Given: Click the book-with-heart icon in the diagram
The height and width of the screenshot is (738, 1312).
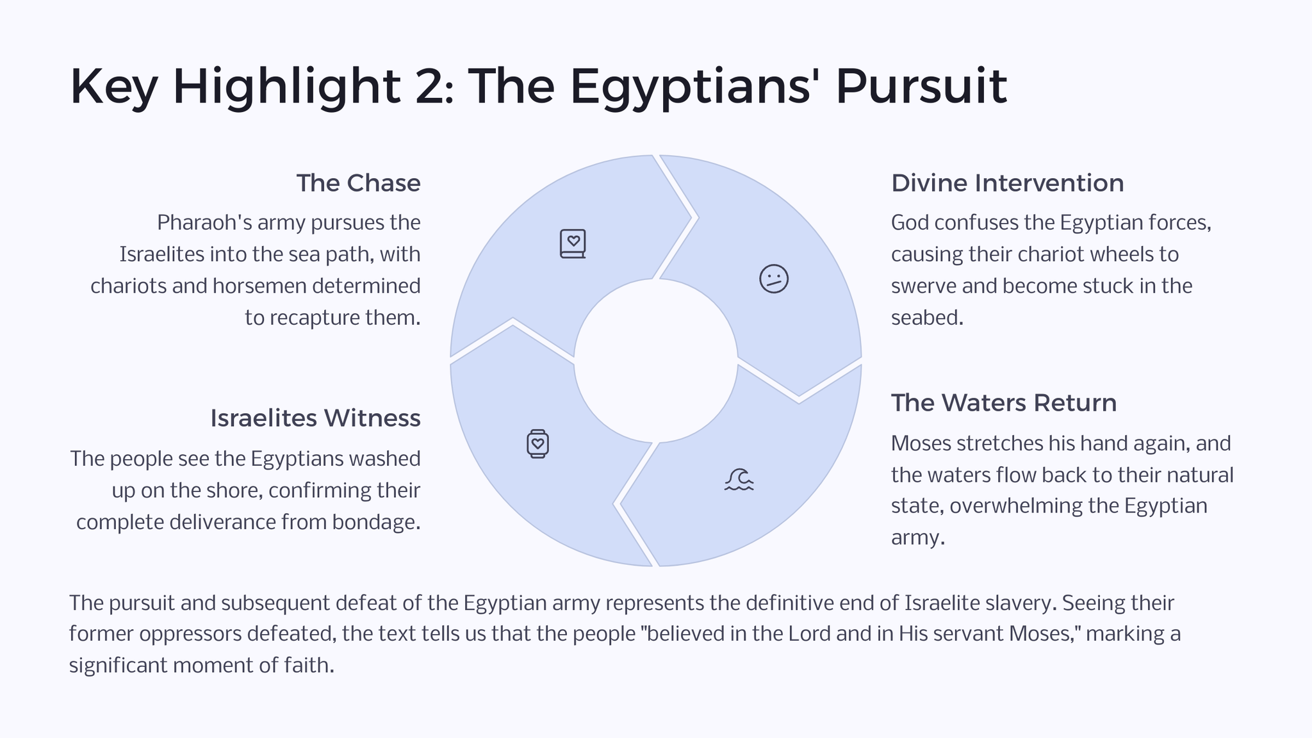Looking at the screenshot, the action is [573, 244].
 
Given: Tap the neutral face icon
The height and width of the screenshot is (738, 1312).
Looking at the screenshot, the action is [774, 279].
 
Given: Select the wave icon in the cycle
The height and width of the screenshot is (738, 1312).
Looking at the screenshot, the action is [739, 479].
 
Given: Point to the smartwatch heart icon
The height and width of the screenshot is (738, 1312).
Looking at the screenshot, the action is [537, 443].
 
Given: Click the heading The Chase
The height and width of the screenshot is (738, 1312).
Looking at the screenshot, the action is [358, 183].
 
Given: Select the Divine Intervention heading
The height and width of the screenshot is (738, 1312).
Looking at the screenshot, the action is [1007, 183].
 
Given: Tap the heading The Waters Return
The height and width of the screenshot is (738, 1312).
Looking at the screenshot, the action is [1004, 403].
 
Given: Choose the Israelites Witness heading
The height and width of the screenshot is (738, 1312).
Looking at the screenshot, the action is [315, 418].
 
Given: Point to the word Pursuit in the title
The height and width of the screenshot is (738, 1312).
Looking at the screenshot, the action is [921, 86].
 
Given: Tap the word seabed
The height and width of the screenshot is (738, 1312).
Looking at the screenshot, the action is [927, 318].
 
